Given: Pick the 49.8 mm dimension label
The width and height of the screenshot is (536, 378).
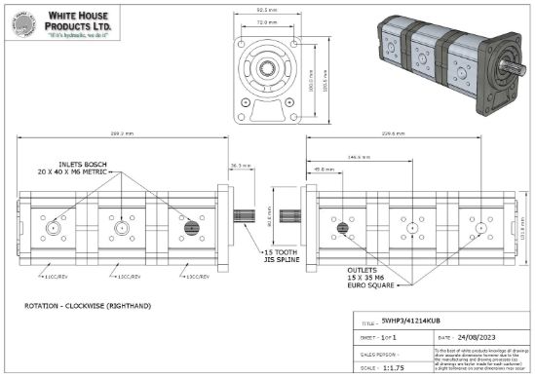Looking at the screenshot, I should pos(324,169).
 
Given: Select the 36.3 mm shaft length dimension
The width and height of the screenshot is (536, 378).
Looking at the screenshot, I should pos(241,165).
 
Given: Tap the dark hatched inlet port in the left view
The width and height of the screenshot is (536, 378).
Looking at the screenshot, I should pos(189,228).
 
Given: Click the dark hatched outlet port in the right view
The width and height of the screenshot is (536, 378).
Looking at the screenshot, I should pos(343,229).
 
